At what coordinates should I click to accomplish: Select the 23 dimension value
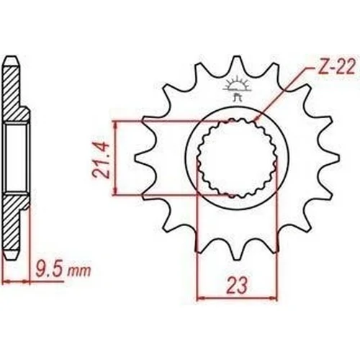tap(237, 286)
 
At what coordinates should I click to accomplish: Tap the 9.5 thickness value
tap(50, 270)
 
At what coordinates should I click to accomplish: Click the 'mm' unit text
tap(79, 272)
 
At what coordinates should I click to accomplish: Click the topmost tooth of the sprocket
tap(237, 63)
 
